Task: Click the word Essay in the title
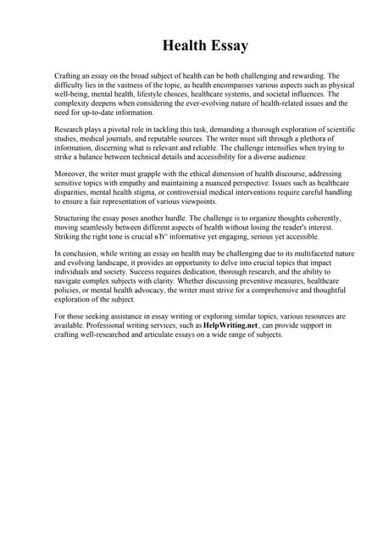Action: point(224,44)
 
